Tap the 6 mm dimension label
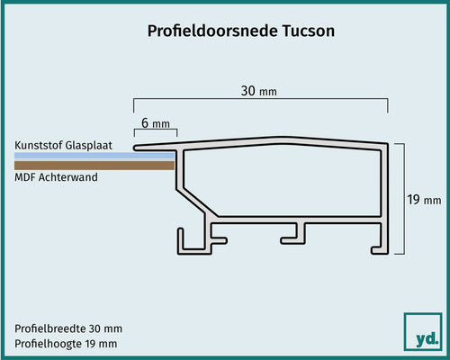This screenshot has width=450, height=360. click(x=155, y=123)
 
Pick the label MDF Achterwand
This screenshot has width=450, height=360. click(x=57, y=177)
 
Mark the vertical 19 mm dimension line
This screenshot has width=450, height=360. click(x=406, y=201)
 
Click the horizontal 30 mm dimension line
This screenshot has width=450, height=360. click(x=261, y=99)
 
